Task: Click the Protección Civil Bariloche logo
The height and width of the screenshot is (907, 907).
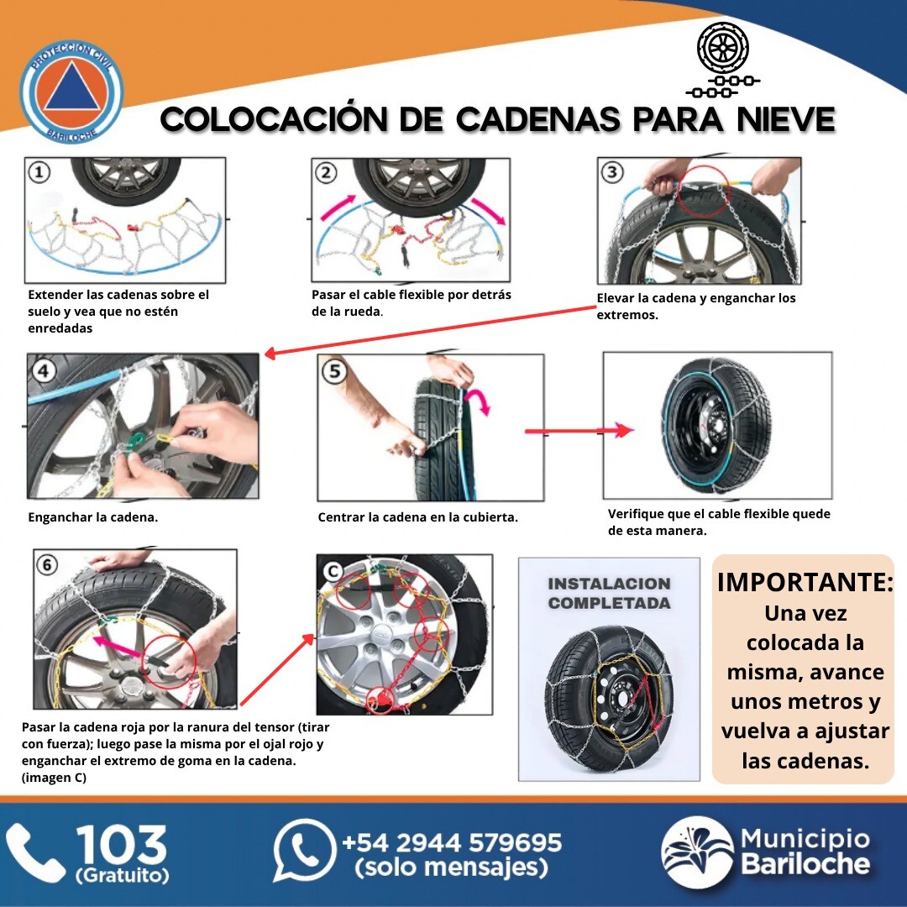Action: [x=71, y=92]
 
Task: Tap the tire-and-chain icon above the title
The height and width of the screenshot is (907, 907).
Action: [x=723, y=60]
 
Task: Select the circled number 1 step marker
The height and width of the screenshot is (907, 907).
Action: [x=39, y=172]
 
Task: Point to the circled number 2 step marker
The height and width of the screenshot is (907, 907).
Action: [x=326, y=172]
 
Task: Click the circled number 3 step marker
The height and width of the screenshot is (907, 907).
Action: [x=612, y=172]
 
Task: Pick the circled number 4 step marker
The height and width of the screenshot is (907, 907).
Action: [x=44, y=371]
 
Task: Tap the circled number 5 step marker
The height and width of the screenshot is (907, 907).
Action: [x=335, y=371]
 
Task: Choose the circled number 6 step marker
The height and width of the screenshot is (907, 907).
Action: [x=47, y=564]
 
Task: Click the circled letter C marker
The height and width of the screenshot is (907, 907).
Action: [x=333, y=572]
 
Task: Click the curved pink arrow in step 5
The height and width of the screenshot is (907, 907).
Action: [x=480, y=401]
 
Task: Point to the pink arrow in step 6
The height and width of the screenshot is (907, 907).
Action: [x=116, y=647]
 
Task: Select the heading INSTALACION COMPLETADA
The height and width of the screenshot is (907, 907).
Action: [x=609, y=594]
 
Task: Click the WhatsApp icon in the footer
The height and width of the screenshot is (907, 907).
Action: [x=304, y=850]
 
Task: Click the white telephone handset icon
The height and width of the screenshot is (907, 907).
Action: [x=34, y=853]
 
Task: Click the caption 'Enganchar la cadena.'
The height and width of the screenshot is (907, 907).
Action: [x=92, y=517]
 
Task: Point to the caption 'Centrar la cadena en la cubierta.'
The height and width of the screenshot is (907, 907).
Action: [x=417, y=517]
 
